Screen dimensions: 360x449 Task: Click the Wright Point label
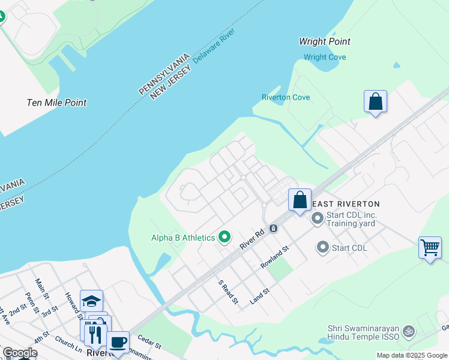tap(325, 41)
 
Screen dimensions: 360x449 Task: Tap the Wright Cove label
tap(325, 58)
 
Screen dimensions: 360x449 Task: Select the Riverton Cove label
tap(286, 97)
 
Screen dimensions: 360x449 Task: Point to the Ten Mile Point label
tap(56, 103)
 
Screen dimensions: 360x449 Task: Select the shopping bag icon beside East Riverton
tap(300, 200)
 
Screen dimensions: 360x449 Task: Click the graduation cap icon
tap(91, 301)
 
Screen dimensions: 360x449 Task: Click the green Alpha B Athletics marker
tap(225, 238)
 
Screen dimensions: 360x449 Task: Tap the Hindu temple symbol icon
tap(409, 331)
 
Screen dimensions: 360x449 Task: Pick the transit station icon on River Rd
tap(273, 228)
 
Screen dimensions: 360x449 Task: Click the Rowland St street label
tap(275, 256)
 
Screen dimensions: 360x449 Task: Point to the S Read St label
tap(228, 291)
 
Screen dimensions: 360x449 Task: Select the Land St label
tap(259, 296)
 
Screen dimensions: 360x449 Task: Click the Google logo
tap(20, 353)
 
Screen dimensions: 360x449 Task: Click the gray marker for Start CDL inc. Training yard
tap(317, 219)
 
